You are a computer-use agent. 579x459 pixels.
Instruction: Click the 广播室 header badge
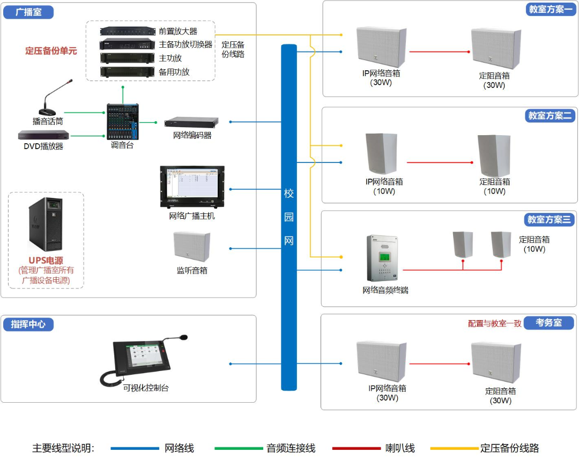click(29, 12)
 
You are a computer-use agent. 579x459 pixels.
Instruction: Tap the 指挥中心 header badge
click(28, 324)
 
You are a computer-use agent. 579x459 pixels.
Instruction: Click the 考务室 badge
click(550, 323)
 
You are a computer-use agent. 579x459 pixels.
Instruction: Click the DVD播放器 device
click(43, 135)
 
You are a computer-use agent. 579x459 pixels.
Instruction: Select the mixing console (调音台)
click(122, 122)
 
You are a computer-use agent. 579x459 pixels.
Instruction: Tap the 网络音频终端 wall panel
click(385, 258)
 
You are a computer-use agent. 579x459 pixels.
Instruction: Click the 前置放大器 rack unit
click(128, 32)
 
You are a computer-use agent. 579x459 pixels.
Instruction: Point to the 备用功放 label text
click(174, 72)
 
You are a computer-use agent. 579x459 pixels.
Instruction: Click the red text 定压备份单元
click(51, 51)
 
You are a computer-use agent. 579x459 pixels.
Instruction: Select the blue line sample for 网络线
click(135, 448)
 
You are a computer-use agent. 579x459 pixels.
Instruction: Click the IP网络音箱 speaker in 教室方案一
click(381, 47)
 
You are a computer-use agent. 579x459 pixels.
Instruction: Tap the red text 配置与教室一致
click(494, 323)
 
